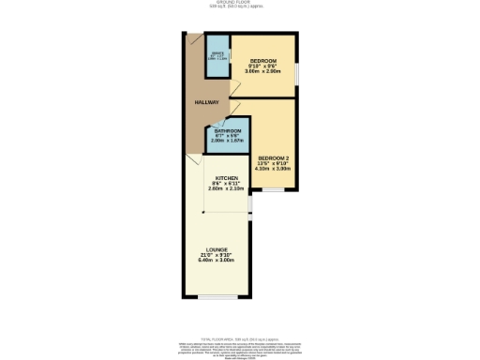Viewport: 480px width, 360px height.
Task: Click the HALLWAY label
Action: [x=206, y=102]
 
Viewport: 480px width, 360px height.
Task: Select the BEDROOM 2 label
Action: [x=274, y=157]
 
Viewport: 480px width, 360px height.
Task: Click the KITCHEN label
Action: [x=227, y=178]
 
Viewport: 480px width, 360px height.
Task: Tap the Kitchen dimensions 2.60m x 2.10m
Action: [x=227, y=189]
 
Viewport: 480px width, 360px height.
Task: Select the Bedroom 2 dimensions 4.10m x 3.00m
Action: [x=274, y=168]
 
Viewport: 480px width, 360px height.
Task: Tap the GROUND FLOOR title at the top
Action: [x=239, y=3]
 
